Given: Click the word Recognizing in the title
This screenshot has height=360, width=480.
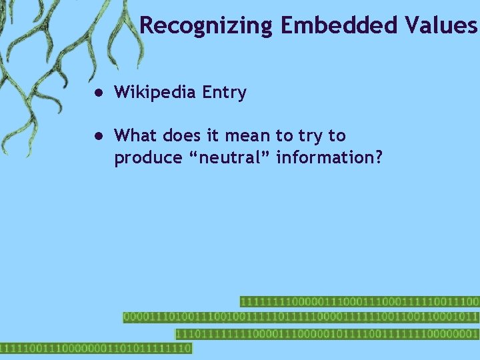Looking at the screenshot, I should pyautogui.click(x=207, y=25).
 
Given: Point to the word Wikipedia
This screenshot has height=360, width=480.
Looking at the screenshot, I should pyautogui.click(x=155, y=93).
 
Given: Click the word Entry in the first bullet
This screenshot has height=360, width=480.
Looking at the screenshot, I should pyautogui.click(x=224, y=93).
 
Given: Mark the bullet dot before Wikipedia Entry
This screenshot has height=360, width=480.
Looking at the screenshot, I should pyautogui.click(x=97, y=93).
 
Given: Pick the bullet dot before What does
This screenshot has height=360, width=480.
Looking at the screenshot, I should pyautogui.click(x=97, y=136).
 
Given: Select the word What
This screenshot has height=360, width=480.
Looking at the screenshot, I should pyautogui.click(x=135, y=136).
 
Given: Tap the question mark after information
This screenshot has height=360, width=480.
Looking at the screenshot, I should pyautogui.click(x=379, y=158).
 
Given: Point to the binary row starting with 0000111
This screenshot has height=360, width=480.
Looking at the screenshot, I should pyautogui.click(x=300, y=317).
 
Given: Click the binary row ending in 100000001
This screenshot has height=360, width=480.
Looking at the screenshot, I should pyautogui.click(x=327, y=333).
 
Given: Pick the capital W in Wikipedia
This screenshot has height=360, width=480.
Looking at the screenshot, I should pyautogui.click(x=123, y=93).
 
